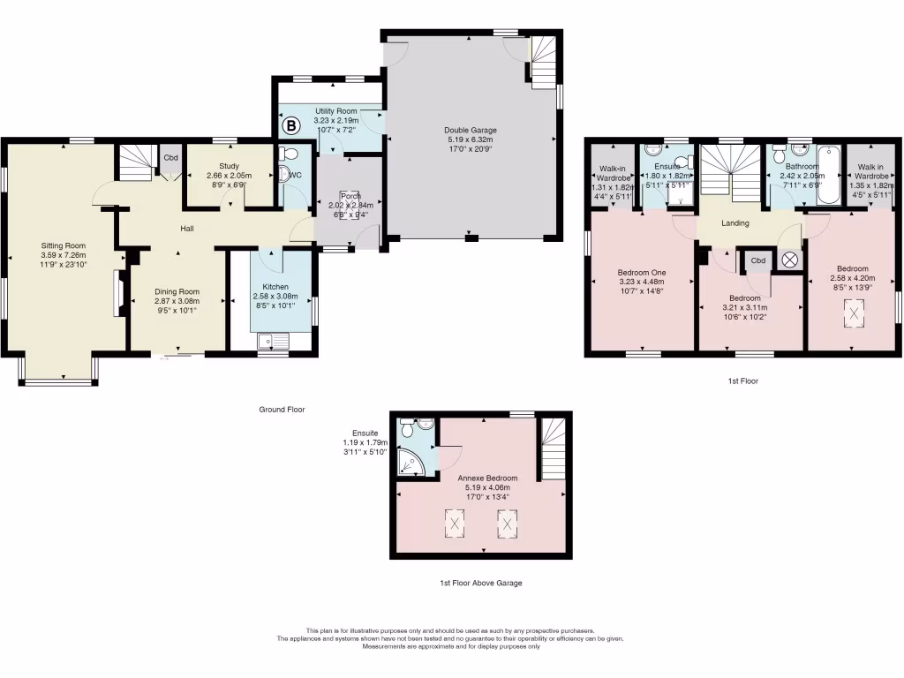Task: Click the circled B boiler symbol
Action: (x=290, y=126)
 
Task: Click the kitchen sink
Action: (x=269, y=341)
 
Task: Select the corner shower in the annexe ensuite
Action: (x=410, y=460)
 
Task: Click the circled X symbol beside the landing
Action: (x=789, y=260)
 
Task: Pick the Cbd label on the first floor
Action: (x=757, y=261)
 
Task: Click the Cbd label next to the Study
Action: (x=169, y=158)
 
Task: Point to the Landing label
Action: (x=734, y=223)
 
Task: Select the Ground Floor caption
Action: (x=282, y=410)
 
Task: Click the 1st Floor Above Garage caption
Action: (x=480, y=584)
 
